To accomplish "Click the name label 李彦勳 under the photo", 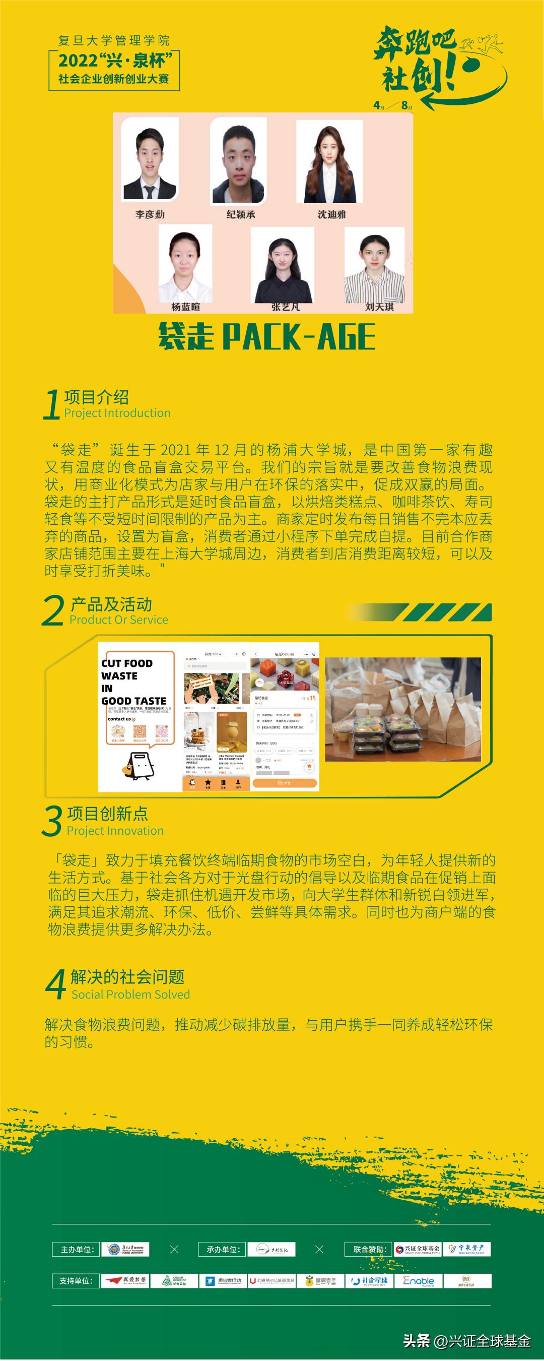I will (x=150, y=215).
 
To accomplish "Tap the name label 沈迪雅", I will (x=331, y=215).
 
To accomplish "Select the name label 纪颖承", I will (x=241, y=215).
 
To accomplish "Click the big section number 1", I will (x=51, y=405).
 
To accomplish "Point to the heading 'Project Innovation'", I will (x=115, y=831).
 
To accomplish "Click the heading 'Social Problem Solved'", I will (x=130, y=995).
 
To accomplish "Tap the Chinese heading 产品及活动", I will (x=111, y=604).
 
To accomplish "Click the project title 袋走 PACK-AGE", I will (x=267, y=337).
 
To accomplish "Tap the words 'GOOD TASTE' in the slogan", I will (x=133, y=701).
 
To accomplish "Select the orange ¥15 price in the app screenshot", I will (x=311, y=698).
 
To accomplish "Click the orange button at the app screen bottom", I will (x=284, y=783).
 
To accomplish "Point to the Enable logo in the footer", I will (x=418, y=1281).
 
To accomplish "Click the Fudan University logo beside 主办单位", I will (x=125, y=1250).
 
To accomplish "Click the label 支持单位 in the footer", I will (x=76, y=1281).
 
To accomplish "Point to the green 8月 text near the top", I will (x=406, y=105).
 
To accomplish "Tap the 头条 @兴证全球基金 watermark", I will (x=467, y=1340).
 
